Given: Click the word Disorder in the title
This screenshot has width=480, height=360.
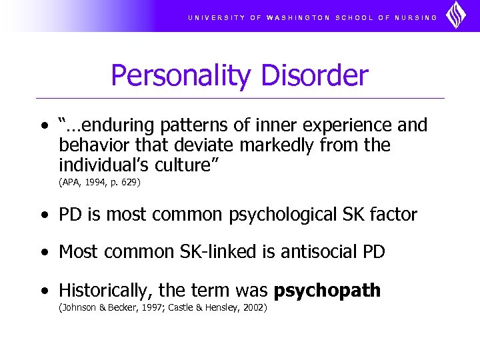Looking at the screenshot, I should point(315,75).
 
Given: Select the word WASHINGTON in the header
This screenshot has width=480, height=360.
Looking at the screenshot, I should point(298,17).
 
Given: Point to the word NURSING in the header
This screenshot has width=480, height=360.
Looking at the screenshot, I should point(417,17).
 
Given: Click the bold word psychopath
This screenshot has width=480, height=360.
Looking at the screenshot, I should point(327,291).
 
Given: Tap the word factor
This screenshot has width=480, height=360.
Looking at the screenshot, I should point(395,215).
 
